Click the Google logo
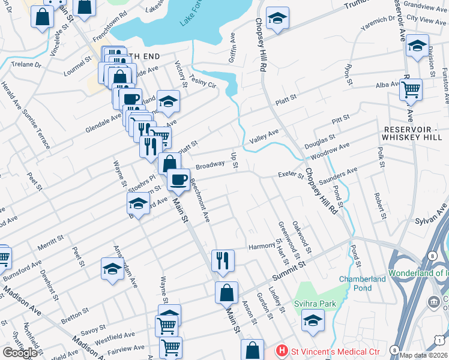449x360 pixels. [19, 352]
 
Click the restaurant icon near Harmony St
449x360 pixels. [223, 260]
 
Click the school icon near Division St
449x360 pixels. [417, 46]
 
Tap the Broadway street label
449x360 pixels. [209, 166]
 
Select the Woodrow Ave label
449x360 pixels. [335, 149]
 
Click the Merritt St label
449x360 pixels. [50, 242]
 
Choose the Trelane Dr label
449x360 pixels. [25, 64]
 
